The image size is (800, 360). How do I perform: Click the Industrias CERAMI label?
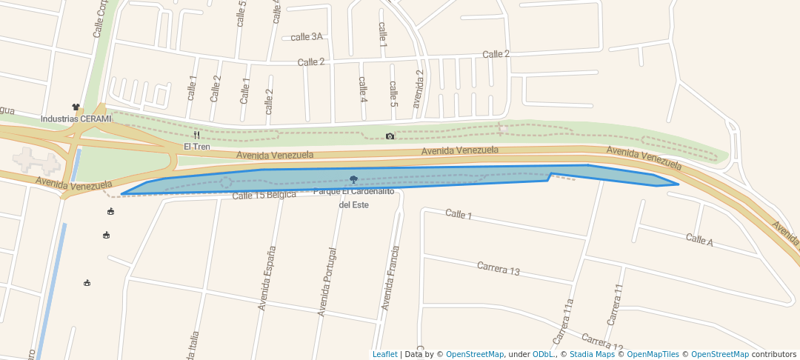tap(76, 119)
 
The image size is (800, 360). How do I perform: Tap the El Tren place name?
tap(197, 147)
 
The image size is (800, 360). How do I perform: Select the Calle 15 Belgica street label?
tap(264, 195)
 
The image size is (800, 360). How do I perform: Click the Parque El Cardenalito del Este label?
tap(353, 198)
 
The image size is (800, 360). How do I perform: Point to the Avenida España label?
tap(267, 278)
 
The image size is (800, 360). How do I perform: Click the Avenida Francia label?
tap(390, 278)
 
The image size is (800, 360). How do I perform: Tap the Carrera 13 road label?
tap(498, 268)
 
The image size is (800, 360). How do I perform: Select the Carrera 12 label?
tap(602, 341)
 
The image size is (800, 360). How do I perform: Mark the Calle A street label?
tap(699, 239)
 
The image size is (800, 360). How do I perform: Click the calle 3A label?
tap(307, 36)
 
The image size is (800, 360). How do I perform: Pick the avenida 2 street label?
tap(419, 89)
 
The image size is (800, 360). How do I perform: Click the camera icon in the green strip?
tap(390, 136)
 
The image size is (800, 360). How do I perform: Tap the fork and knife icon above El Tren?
tap(196, 136)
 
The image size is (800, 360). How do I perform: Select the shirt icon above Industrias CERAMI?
tap(76, 107)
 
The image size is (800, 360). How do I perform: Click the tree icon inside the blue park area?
tap(353, 179)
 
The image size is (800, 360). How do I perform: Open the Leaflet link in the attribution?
tap(384, 354)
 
